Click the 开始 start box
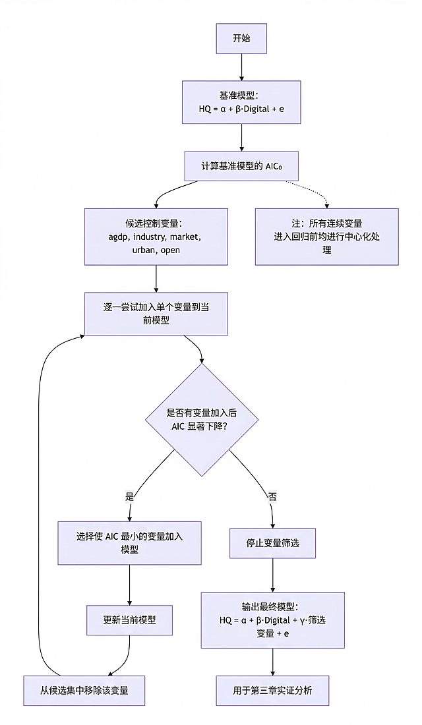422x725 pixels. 241,39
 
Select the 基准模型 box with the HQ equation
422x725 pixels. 241,102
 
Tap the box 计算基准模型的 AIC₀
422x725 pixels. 241,166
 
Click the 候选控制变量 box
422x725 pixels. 156,237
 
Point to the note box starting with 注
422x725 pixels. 326,237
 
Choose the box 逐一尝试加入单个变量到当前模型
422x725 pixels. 156,314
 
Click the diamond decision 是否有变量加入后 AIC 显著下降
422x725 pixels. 202,420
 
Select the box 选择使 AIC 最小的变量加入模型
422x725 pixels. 129,543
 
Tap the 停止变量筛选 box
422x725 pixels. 272,543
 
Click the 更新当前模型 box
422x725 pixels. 129,620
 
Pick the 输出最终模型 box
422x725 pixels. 272,620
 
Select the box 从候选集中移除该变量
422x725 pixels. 84,691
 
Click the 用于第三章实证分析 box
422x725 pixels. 272,691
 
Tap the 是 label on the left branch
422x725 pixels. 129,495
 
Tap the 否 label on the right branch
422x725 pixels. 272,496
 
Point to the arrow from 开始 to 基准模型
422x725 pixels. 241,67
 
